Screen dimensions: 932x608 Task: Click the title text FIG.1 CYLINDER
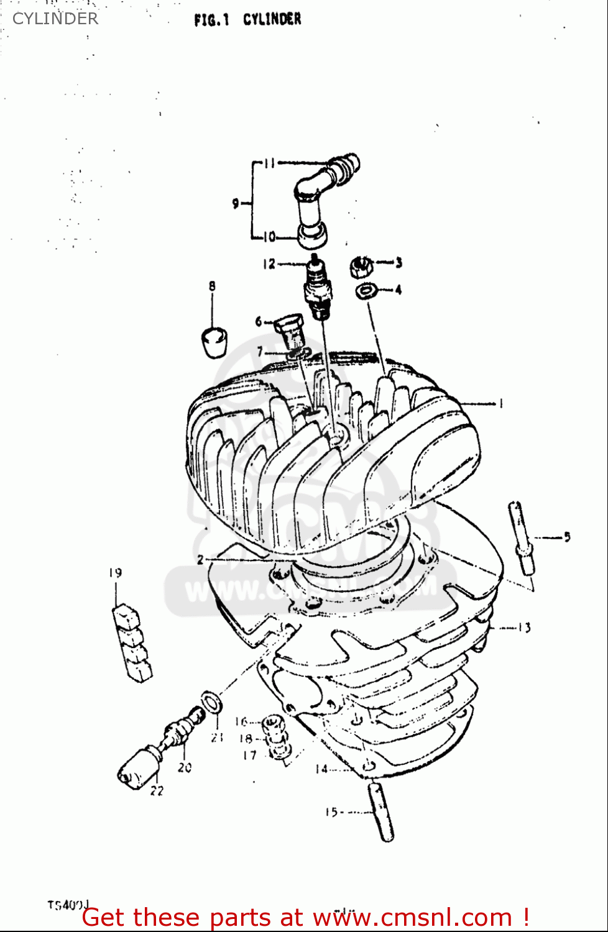(247, 19)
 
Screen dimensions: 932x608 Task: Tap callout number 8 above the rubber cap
(212, 286)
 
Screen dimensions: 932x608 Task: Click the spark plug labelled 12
(318, 286)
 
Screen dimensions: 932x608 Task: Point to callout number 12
(269, 264)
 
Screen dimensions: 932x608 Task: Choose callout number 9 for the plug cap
(236, 203)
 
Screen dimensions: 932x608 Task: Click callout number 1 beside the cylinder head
(500, 404)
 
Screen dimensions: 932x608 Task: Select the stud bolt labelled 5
(521, 538)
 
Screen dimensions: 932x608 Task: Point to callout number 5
(566, 537)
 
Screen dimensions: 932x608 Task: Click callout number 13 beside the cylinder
(523, 628)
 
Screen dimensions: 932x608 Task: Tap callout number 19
(116, 573)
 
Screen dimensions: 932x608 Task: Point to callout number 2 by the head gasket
(200, 560)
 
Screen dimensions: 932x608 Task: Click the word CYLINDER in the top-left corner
(55, 19)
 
